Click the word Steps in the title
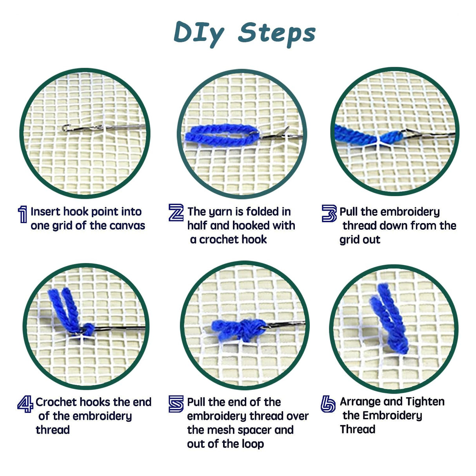coord(276,33)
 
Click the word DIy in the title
coord(199,34)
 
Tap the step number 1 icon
coord(23,214)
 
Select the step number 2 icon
coord(176,213)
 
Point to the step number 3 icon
coord(329,213)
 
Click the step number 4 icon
coord(25,404)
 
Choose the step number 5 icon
coord(176,404)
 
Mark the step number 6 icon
coord(328,404)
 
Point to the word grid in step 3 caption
coord(349,240)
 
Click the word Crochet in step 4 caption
coord(56,402)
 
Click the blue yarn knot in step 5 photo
coord(247,330)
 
